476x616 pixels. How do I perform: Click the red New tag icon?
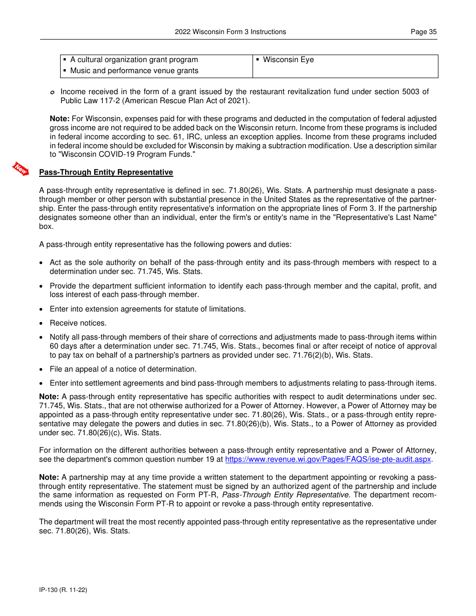(21, 169)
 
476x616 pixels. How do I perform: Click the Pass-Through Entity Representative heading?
(106, 172)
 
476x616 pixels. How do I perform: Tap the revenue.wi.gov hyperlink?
(328, 459)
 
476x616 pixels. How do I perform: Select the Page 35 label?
(423, 32)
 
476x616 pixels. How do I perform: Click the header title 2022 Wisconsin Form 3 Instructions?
(230, 32)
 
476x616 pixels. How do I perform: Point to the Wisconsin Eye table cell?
(288, 60)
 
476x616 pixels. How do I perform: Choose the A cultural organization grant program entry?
(134, 60)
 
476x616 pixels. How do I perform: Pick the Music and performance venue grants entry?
(134, 71)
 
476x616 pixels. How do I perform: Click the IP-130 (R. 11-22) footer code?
(63, 590)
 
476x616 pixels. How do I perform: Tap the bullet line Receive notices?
(78, 323)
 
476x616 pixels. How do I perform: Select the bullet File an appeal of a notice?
(123, 369)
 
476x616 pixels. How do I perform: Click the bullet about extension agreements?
(147, 309)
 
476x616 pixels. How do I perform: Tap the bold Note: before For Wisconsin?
(60, 119)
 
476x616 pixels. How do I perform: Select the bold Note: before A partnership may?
(49, 477)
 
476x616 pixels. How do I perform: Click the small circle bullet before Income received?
(52, 93)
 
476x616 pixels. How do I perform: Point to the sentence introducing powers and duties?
(165, 245)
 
